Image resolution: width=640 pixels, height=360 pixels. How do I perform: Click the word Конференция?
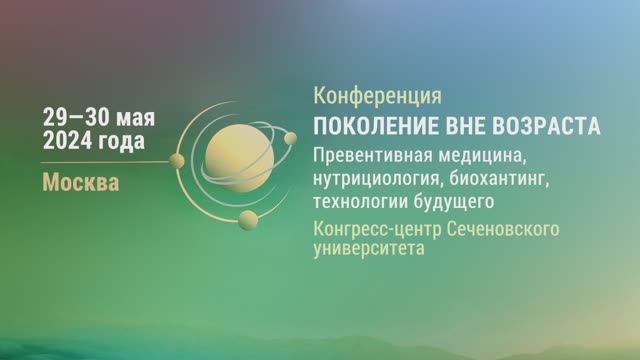click(377, 96)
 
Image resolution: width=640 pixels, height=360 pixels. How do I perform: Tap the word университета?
click(368, 250)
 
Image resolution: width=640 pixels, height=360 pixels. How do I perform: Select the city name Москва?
click(80, 183)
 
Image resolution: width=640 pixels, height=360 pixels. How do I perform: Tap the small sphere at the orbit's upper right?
click(291, 137)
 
